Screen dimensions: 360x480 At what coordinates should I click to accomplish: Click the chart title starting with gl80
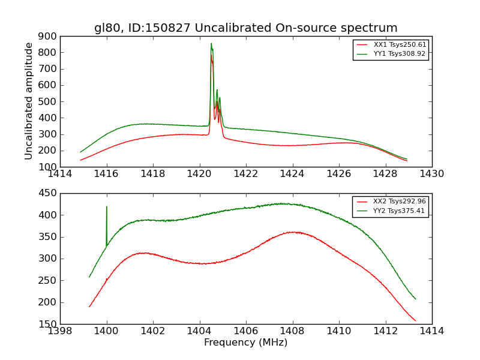[245, 28]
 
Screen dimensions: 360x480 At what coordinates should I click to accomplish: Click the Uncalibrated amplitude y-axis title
[29, 101]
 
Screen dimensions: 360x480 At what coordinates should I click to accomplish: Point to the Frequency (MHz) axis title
[245, 343]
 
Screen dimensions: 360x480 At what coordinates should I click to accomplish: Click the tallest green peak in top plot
[211, 44]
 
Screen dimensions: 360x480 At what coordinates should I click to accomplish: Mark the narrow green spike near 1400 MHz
[107, 208]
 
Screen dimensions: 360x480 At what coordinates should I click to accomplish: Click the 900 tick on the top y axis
[48, 36]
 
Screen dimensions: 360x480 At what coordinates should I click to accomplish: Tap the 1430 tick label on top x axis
[431, 174]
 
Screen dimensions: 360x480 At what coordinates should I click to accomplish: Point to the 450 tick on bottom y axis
[48, 193]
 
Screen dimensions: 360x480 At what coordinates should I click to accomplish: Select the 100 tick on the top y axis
[48, 167]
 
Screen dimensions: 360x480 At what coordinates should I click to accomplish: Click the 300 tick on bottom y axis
[48, 259]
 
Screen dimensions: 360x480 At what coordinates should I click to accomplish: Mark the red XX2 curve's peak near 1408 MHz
[292, 232]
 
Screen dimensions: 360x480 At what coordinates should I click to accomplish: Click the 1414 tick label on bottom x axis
[431, 331]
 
